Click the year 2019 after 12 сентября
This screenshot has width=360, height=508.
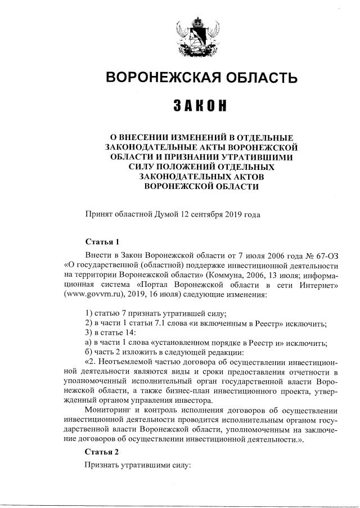[x=235, y=214]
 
